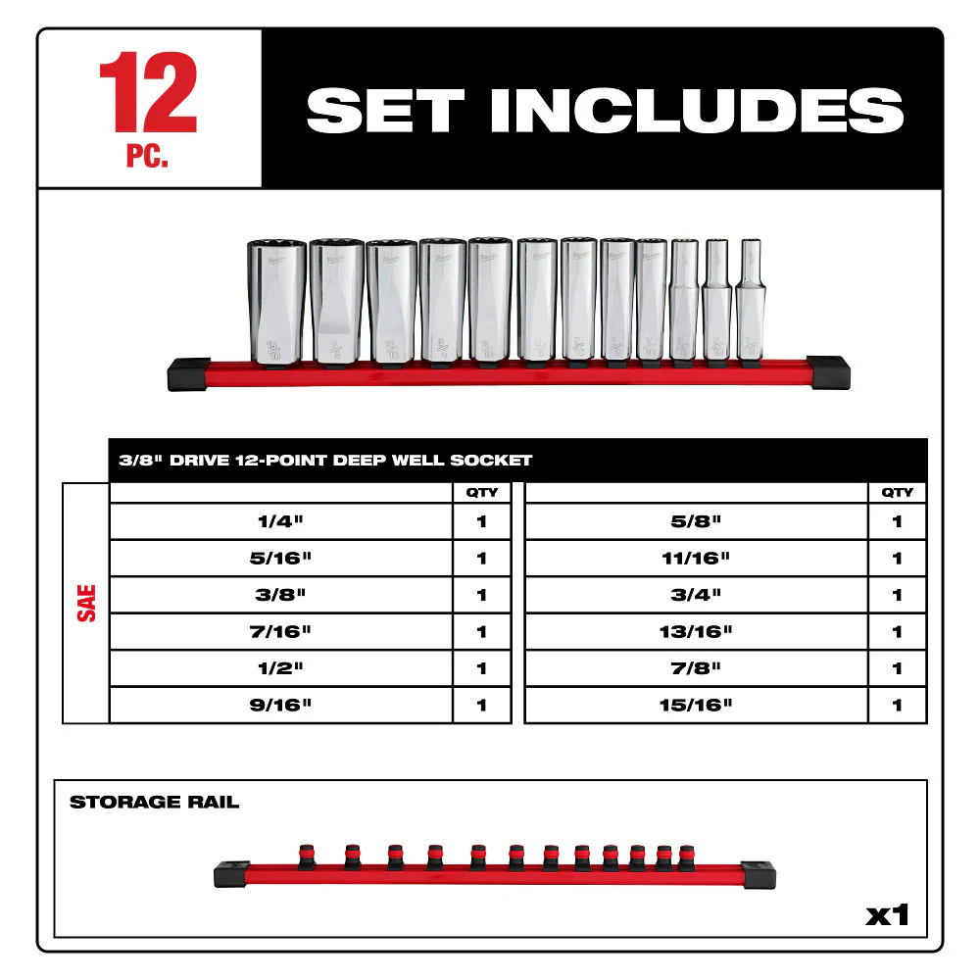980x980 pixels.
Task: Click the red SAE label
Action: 86,602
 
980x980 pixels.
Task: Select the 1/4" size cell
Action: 280,521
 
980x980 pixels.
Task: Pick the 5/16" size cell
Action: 280,559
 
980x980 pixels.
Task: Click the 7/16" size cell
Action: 280,632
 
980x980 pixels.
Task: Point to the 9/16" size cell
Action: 280,705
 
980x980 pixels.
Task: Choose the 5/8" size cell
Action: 697,521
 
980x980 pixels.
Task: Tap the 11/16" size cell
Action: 697,559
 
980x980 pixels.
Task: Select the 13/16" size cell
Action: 697,632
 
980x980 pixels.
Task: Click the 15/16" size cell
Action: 697,705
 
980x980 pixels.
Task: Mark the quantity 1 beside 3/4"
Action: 897,595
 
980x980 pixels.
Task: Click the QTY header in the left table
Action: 482,492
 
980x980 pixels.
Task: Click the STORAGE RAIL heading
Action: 154,803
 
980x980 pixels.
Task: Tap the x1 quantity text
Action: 887,915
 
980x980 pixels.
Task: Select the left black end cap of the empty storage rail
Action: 232,871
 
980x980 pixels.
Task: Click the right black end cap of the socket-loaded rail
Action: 831,373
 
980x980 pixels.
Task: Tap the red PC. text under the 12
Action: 147,158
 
